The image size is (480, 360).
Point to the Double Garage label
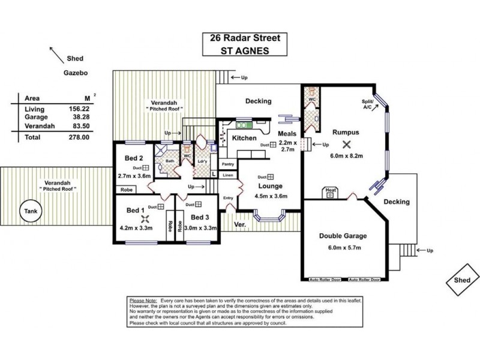343,236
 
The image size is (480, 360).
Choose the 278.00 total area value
79,137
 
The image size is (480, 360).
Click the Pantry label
227,164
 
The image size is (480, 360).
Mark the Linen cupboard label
227,175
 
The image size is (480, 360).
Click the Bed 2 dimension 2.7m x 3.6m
134,177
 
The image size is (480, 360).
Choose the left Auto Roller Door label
323,280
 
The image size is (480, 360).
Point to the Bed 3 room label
200,217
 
